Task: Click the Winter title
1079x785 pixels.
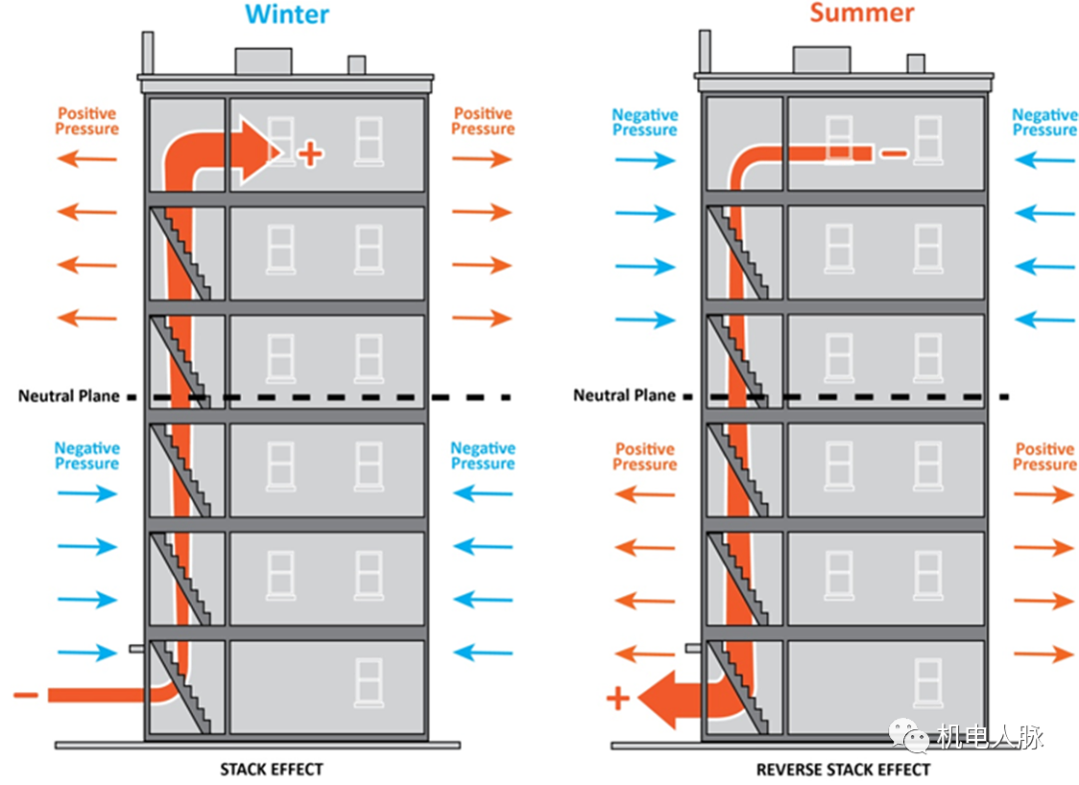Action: [x=287, y=14]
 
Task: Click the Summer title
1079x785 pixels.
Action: [x=861, y=13]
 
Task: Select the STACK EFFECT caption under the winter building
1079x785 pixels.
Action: [x=272, y=769]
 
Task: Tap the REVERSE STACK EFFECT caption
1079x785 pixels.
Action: [x=843, y=769]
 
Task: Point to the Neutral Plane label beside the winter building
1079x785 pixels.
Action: [x=69, y=396]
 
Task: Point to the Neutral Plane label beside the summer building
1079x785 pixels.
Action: [x=624, y=395]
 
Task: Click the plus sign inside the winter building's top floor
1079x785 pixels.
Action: [x=311, y=154]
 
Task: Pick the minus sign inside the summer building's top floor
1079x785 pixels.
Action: [x=894, y=154]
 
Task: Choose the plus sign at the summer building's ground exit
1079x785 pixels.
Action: [x=618, y=698]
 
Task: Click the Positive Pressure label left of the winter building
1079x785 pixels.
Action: [x=87, y=122]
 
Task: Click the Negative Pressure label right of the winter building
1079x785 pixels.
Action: [x=483, y=456]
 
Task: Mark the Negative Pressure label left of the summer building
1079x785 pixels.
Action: [x=644, y=123]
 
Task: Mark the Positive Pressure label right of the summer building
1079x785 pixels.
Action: [x=1045, y=457]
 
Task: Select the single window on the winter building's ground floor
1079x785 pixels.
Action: [x=369, y=683]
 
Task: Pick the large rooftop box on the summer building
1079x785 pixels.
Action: [x=821, y=60]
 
